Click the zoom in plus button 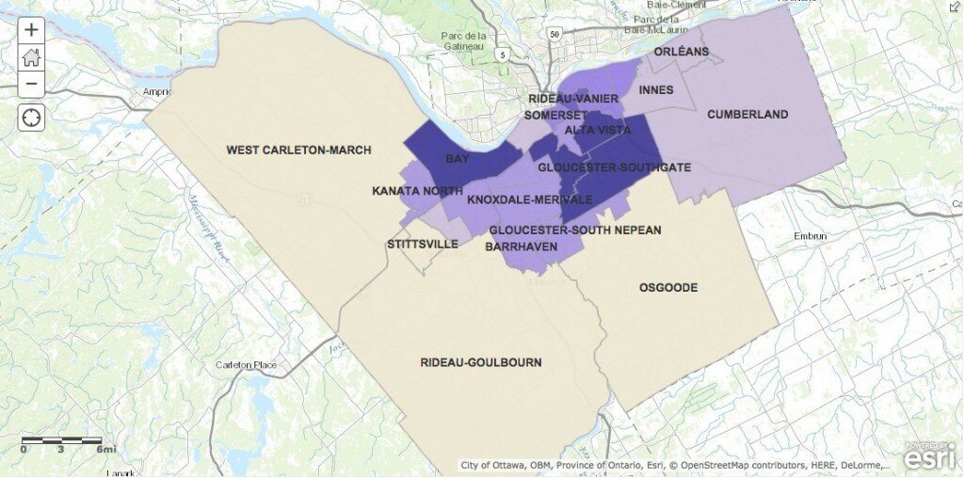click(x=31, y=29)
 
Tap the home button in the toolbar click(x=31, y=56)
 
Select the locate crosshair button click(x=31, y=118)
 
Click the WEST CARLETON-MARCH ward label click(x=298, y=150)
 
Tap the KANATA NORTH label click(x=417, y=191)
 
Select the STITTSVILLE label click(x=423, y=244)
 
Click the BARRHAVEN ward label click(x=521, y=247)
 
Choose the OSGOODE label click(x=668, y=287)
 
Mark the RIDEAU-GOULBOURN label click(x=481, y=362)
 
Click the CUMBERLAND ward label click(x=747, y=115)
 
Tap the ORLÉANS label click(x=681, y=52)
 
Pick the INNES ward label click(x=655, y=90)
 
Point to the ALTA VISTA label click(x=597, y=130)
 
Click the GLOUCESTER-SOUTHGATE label click(x=614, y=167)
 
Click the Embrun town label click(x=810, y=236)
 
